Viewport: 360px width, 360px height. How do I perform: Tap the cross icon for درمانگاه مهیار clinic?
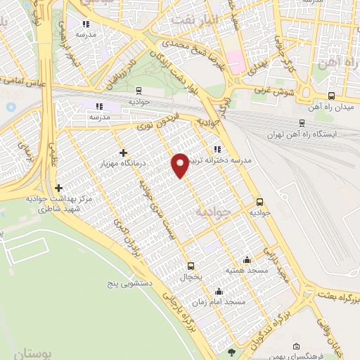click(123, 153)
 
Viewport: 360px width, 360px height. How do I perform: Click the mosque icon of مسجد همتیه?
click(246, 259)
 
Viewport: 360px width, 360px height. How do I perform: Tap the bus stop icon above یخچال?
click(191, 266)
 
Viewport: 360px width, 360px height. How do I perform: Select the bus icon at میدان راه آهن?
click(331, 96)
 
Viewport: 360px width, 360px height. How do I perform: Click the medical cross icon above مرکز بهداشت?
click(58, 188)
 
